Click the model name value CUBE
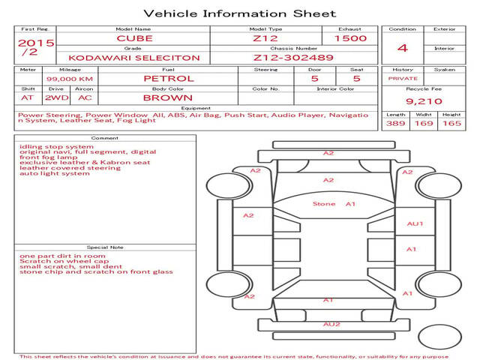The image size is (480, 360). pyautogui.click(x=134, y=38)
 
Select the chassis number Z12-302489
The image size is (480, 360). pyautogui.click(x=293, y=58)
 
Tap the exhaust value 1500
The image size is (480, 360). pyautogui.click(x=350, y=38)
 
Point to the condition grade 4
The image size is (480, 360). pyautogui.click(x=403, y=48)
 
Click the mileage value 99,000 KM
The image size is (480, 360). pyautogui.click(x=70, y=79)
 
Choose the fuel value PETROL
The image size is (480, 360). pyautogui.click(x=169, y=79)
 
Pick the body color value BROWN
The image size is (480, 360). pyautogui.click(x=168, y=98)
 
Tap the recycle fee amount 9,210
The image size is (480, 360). pyautogui.click(x=424, y=101)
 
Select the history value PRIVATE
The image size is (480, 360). pyautogui.click(x=403, y=79)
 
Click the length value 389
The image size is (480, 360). pyautogui.click(x=395, y=123)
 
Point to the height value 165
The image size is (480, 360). pyautogui.click(x=451, y=123)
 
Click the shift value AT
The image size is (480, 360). pyautogui.click(x=27, y=98)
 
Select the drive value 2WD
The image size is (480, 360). pyautogui.click(x=57, y=98)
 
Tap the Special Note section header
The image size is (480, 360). pyautogui.click(x=105, y=247)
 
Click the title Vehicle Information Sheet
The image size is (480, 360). pyautogui.click(x=240, y=13)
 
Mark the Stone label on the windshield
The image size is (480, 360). pyautogui.click(x=324, y=204)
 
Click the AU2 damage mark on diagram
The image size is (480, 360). pyautogui.click(x=331, y=324)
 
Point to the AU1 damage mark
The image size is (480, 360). pyautogui.click(x=415, y=223)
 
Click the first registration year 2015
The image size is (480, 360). pyautogui.click(x=36, y=43)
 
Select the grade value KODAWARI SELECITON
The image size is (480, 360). pyautogui.click(x=134, y=58)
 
